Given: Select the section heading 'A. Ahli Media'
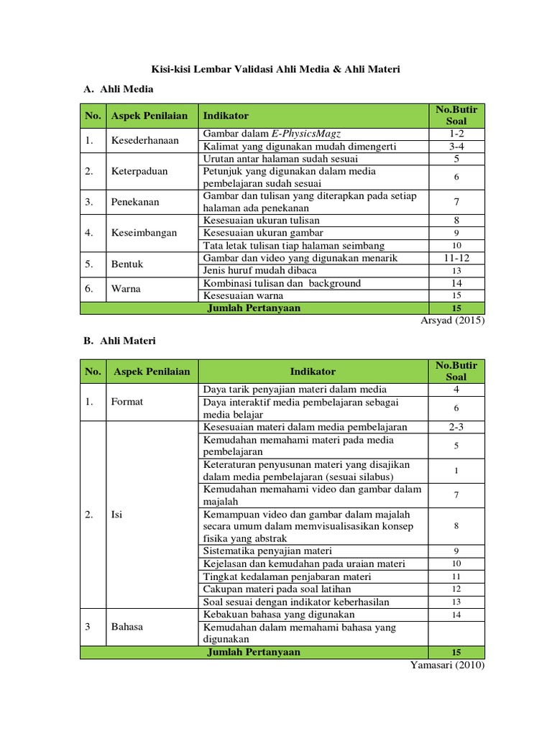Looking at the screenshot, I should (x=119, y=89).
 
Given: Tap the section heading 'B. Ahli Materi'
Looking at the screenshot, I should (x=119, y=341).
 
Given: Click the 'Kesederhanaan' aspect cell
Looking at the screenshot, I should (x=144, y=140).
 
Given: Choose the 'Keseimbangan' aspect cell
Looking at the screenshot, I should (x=143, y=233).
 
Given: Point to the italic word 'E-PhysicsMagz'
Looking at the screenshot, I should (x=305, y=134).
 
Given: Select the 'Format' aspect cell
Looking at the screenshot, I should (x=126, y=402).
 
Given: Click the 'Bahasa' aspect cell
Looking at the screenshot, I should (x=126, y=627).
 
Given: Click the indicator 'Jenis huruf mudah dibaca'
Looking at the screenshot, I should (x=257, y=270).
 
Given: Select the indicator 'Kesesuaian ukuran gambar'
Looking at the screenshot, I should (x=263, y=233).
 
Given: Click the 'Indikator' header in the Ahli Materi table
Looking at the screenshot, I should (x=313, y=372).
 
